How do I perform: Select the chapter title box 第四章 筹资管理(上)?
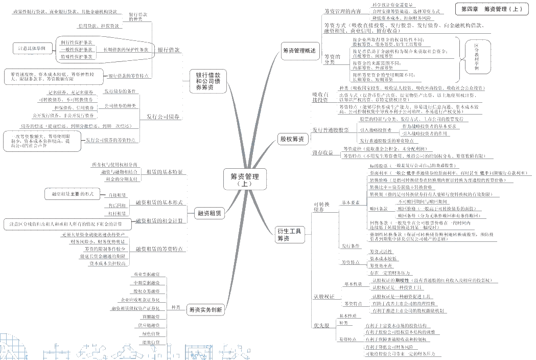pos(491,9)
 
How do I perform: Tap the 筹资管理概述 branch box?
pos(299,50)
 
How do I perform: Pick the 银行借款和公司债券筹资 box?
pos(208,81)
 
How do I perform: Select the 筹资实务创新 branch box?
pos(205,309)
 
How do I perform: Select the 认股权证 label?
pos(324,297)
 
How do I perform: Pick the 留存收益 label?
pos(322,152)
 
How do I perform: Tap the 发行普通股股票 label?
pos(330,130)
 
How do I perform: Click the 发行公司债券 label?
pos(163,117)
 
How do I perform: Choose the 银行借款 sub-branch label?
pos(169,50)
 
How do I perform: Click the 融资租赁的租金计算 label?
pos(159,220)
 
